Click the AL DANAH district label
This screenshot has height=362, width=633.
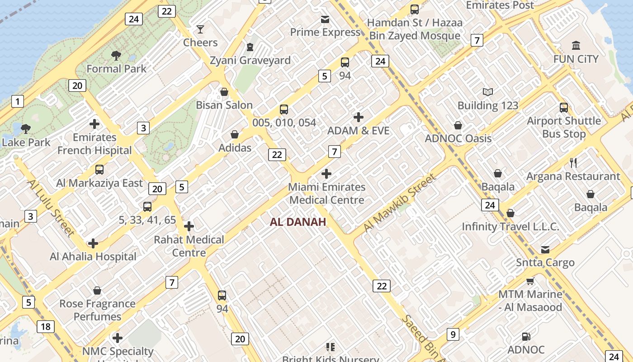(298, 222)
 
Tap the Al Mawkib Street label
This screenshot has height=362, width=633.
(400, 202)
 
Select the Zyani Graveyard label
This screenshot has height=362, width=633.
(250, 60)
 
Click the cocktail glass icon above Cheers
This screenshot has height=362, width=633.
(200, 30)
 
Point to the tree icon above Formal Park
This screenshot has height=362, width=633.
(116, 56)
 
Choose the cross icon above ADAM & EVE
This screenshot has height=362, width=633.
(359, 118)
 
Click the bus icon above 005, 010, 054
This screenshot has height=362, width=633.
(284, 110)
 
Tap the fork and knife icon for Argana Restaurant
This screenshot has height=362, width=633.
(573, 163)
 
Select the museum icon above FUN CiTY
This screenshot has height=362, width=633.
(576, 46)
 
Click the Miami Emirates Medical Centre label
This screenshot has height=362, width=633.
(327, 193)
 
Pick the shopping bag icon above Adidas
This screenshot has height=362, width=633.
(235, 134)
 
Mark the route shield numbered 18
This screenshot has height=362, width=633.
(46, 327)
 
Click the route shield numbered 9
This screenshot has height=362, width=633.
(453, 334)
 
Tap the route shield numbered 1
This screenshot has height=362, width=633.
(17, 101)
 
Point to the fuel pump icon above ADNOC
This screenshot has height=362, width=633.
(526, 337)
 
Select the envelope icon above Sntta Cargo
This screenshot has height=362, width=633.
(545, 250)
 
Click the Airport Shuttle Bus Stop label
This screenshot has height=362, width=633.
(564, 127)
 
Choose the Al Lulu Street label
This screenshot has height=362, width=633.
(51, 207)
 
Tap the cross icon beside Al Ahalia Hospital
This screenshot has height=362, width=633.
(93, 244)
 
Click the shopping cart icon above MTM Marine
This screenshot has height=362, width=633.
(530, 281)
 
